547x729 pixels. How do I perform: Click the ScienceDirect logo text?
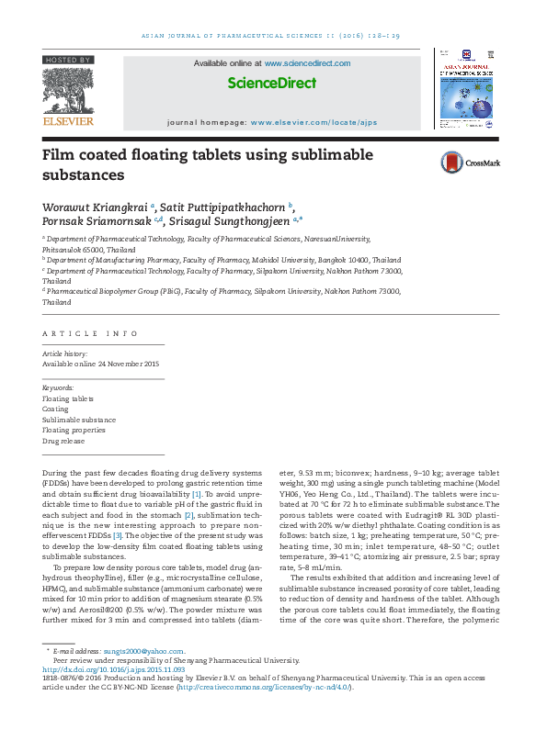[x=272, y=83]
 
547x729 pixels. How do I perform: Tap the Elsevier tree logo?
[x=67, y=89]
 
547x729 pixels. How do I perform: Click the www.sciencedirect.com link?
[x=307, y=63]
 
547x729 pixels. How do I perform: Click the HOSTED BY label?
[x=67, y=60]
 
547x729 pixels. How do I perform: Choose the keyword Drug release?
[x=64, y=441]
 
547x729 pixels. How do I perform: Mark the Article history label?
[x=65, y=353]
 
